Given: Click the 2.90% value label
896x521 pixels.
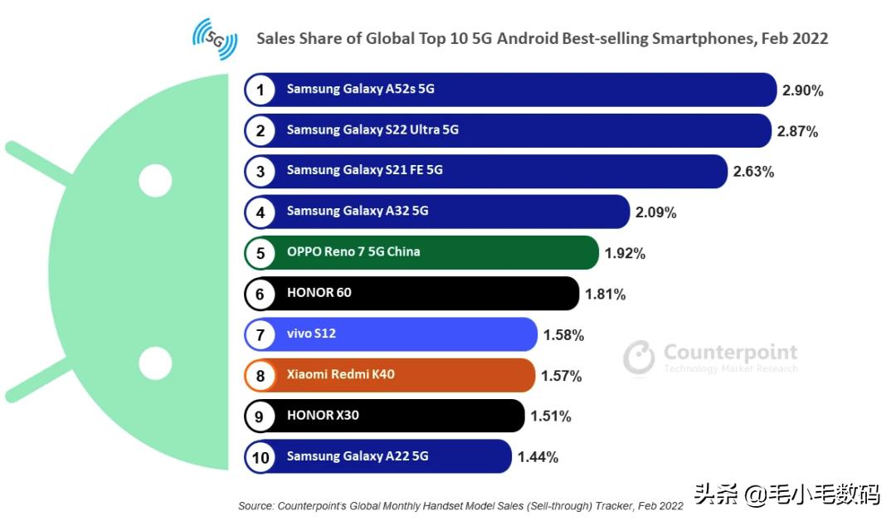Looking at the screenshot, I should [802, 90].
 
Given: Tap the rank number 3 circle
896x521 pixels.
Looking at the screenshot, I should [261, 171].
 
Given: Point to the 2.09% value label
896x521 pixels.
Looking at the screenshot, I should [655, 212].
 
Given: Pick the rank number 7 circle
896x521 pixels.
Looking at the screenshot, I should [261, 334].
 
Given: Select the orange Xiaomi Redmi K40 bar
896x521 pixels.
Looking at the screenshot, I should [390, 375].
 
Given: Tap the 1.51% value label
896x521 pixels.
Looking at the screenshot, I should [550, 416].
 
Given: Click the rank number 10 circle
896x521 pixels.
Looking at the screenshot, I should [261, 456].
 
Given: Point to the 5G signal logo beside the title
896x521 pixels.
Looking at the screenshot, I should [215, 38].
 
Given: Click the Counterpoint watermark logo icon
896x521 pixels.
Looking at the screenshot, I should [639, 356].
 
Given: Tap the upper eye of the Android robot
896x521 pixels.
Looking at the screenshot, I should [155, 180].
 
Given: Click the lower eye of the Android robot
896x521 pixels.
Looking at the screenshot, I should [155, 363].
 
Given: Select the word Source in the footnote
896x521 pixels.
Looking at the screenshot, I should [255, 505].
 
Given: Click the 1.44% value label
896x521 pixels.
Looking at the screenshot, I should [538, 457].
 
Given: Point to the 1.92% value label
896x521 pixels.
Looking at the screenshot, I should [625, 253].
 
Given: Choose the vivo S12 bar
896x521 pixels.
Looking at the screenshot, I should [391, 334].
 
